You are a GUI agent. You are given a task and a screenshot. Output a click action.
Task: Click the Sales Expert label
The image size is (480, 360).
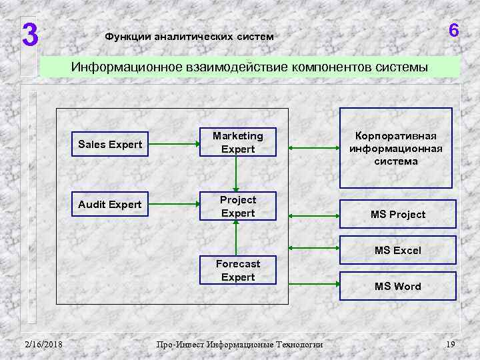click(110, 145)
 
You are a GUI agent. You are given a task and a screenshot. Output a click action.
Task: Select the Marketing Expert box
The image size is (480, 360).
click(238, 143)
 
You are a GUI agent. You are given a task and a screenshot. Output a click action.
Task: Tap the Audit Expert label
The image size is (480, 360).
click(110, 204)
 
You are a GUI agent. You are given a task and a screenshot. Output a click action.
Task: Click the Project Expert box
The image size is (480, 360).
click(238, 207)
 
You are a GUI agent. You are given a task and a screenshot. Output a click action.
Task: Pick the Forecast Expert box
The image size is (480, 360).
click(238, 270)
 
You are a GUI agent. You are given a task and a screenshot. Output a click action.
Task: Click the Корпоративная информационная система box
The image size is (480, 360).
click(396, 148)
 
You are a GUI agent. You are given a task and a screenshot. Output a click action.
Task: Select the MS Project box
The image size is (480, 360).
click(397, 215)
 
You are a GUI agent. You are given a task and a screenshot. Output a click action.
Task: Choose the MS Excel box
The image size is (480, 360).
click(397, 251)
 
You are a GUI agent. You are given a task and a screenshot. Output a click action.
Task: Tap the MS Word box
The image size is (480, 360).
click(397, 286)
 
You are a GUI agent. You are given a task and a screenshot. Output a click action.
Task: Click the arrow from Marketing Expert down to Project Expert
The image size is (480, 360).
click(235, 175)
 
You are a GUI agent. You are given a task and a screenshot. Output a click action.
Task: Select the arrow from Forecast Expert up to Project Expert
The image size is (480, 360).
click(235, 238)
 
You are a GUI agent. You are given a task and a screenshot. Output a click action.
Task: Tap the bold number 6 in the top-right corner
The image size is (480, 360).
click(453, 31)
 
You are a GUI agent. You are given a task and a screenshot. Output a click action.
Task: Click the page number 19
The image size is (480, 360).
click(450, 344)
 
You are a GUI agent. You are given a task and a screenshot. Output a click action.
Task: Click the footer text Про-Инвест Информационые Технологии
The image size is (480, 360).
click(239, 345)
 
